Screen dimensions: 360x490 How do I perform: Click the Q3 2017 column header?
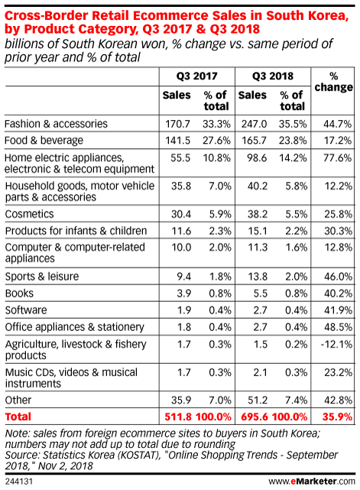coord(196,76)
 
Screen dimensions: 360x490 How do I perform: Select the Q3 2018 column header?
coord(273,76)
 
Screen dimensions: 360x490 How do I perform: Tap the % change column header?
coord(333,82)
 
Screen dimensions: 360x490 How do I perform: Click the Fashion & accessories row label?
coord(56,124)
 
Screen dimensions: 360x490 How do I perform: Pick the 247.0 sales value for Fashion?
coord(254,124)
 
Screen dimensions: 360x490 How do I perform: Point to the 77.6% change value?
coord(337,157)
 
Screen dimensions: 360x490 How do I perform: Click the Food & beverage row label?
coord(44,141)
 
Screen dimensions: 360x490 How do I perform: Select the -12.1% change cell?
coord(336,344)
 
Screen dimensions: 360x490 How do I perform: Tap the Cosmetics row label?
coord(29,214)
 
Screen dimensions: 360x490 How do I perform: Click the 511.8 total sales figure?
coord(178,417)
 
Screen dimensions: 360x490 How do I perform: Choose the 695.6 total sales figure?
coord(255,417)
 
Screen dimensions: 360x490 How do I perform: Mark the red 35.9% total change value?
coord(337,417)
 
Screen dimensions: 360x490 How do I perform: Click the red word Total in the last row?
coord(18,417)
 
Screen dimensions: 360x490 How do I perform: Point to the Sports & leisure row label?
coord(42,277)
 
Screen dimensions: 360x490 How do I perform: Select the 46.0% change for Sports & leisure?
coord(338,277)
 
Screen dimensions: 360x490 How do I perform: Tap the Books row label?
coord(19,294)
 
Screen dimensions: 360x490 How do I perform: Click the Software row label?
coord(26,310)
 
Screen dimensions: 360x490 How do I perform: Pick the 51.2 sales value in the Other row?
coord(258,400)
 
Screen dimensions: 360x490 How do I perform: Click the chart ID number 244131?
coord(19,482)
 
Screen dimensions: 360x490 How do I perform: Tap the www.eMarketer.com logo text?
coord(312,482)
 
